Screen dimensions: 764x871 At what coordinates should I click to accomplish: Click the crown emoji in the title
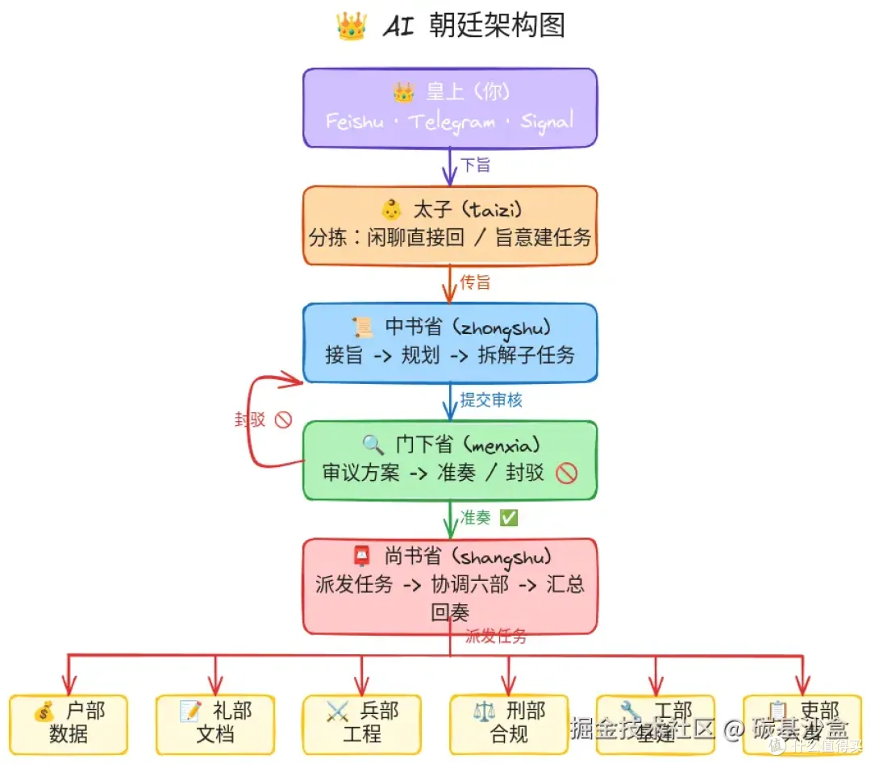point(352,26)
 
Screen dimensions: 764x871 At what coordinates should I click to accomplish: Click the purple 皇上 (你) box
point(450,107)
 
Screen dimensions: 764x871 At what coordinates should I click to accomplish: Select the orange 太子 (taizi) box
point(450,225)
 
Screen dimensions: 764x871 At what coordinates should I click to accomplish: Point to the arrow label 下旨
point(475,165)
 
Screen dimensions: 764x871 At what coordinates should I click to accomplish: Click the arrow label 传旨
point(475,282)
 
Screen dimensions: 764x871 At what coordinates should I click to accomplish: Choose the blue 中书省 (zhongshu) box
point(450,342)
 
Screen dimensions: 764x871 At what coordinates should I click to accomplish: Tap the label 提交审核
point(491,400)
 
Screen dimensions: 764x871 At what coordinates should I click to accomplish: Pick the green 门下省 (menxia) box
point(450,460)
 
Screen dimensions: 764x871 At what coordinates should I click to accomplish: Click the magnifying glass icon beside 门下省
point(373,445)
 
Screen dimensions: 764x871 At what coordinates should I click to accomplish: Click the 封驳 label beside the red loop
point(250,420)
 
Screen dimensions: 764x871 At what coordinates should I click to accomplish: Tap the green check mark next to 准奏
point(509,518)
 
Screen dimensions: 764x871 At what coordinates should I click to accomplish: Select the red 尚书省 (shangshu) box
point(450,586)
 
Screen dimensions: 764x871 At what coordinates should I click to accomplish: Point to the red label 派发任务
point(496,636)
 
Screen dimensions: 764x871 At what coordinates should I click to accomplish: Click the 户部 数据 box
point(69,724)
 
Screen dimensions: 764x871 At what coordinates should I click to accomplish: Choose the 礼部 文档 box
point(215,724)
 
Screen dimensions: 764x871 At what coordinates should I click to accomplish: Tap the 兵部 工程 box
point(362,724)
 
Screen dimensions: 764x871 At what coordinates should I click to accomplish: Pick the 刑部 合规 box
point(509,724)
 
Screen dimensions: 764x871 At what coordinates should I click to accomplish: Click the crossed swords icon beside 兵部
point(337,712)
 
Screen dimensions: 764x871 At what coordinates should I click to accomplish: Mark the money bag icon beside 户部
point(44,712)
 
